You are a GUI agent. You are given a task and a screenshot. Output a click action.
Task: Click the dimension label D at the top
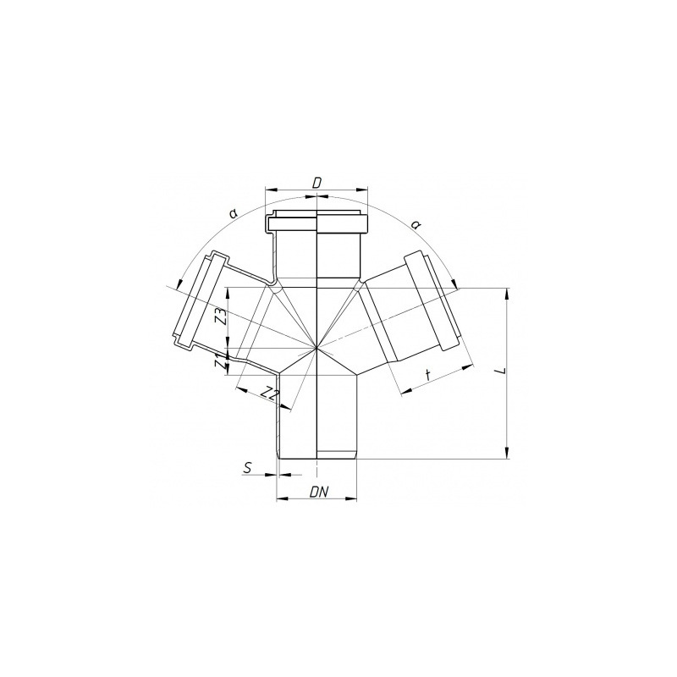coord(316,183)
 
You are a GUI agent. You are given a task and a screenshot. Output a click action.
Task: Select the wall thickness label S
coord(247,468)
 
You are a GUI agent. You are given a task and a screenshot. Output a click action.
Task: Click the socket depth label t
coord(427,375)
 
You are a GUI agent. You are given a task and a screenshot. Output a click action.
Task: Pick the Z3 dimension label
coord(221,317)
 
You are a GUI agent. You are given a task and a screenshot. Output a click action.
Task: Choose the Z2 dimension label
coord(271,393)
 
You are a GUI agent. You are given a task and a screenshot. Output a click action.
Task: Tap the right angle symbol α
coord(416,224)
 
